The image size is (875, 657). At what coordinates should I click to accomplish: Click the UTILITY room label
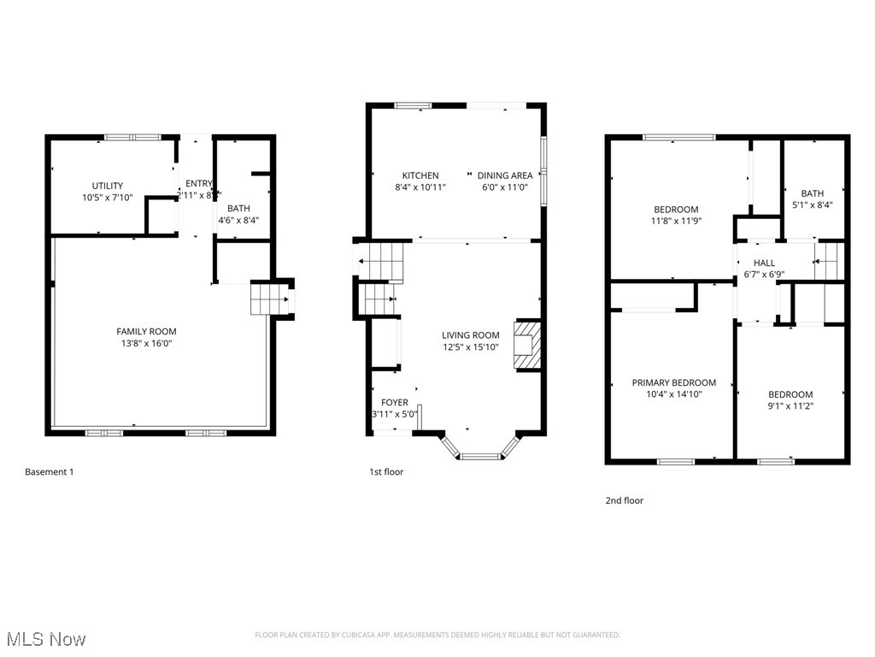108,186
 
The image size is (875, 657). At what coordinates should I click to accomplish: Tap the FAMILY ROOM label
146,332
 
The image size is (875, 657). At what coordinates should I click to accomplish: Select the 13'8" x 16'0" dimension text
146,344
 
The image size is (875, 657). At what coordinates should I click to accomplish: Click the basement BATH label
238,208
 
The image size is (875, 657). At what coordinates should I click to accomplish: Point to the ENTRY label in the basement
199,183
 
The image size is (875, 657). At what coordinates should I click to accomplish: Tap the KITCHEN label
420,175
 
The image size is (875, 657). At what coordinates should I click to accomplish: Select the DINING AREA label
504,175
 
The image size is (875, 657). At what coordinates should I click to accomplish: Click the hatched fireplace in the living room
526,345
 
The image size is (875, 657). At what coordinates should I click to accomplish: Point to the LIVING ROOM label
470,335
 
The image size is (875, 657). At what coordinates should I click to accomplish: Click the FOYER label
394,402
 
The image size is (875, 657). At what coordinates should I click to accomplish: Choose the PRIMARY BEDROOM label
673,382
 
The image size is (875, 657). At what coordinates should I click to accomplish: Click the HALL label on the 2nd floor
764,263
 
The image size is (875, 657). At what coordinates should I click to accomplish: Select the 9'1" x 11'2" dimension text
790,406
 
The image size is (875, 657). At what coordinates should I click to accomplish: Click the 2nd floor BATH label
812,193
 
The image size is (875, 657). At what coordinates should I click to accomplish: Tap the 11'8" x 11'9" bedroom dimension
676,222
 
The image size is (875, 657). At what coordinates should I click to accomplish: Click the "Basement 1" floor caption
50,471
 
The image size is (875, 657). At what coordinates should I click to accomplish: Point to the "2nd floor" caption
624,500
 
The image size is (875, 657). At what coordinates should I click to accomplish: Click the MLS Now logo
46,639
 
